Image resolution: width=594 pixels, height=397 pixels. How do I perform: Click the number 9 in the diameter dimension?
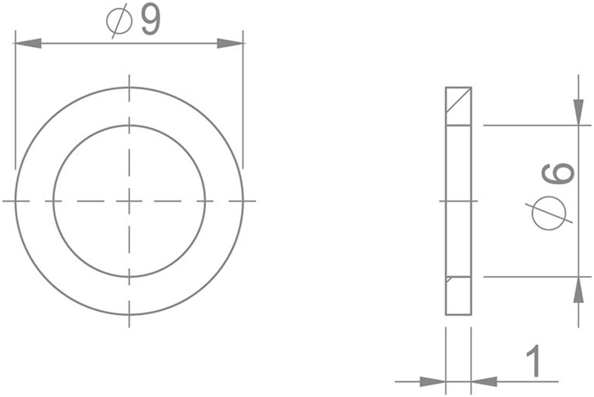pyautogui.click(x=151, y=21)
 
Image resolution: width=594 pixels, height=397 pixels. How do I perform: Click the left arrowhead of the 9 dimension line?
pyautogui.click(x=27, y=43)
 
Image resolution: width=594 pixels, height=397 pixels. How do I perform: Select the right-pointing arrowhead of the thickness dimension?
pyautogui.click(x=433, y=382)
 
